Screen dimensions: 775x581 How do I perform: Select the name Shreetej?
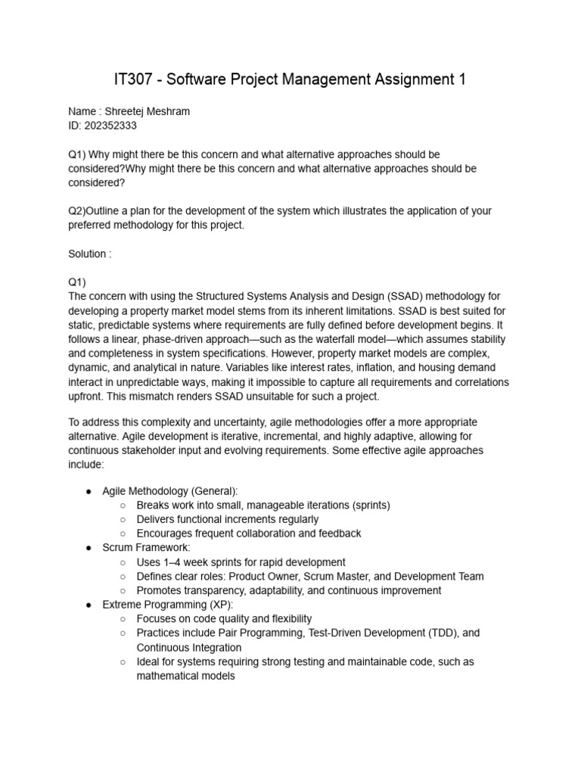(x=126, y=111)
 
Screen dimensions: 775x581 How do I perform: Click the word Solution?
(x=88, y=254)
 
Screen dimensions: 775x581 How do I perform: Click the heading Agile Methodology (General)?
(x=170, y=491)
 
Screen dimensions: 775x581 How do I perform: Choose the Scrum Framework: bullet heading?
(x=146, y=547)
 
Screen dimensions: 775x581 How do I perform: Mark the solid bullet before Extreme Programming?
(x=88, y=605)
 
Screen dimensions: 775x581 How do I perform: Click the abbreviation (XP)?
(x=219, y=605)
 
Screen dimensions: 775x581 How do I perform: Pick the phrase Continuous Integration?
(x=189, y=647)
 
